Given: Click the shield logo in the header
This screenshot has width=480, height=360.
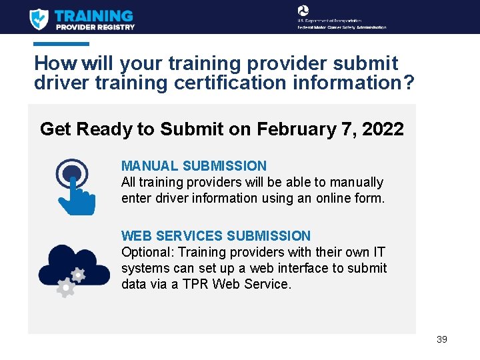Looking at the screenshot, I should (39, 19).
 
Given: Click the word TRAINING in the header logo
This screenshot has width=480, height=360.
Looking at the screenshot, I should (93, 15).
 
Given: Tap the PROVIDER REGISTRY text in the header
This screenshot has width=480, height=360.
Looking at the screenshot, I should (95, 27).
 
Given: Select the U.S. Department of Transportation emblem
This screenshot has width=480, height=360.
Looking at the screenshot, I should (303, 11).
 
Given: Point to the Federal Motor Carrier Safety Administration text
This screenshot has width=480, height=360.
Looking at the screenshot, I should (341, 27).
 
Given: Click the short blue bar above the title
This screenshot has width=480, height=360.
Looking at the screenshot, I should (61, 44).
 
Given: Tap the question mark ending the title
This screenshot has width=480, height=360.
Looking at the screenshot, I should (408, 83).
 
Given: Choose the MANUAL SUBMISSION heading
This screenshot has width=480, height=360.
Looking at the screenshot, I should (193, 166).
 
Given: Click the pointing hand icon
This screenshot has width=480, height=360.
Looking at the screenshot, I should (75, 187).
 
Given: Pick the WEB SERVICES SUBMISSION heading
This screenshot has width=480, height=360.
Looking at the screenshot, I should (215, 236).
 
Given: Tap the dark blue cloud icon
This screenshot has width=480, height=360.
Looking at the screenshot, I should (73, 265).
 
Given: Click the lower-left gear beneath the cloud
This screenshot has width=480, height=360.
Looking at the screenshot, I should (65, 287).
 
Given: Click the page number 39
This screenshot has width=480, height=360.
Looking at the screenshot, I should (441, 339).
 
